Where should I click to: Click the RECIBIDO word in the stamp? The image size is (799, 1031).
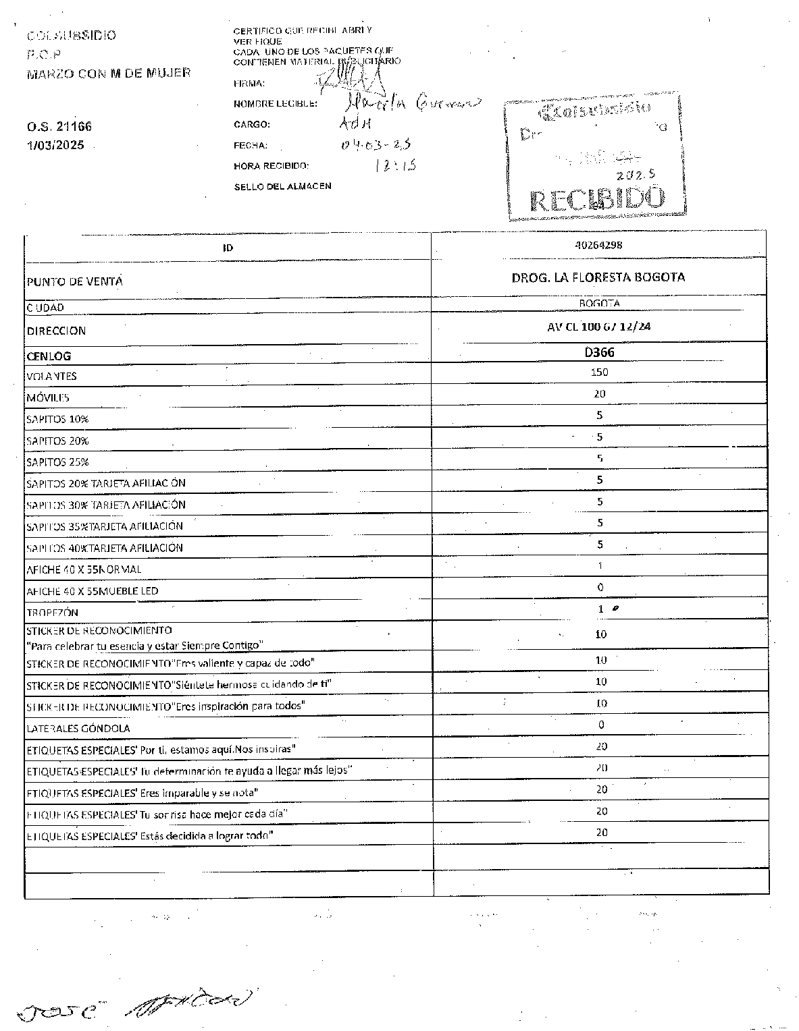598,200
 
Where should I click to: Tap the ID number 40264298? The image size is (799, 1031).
598,246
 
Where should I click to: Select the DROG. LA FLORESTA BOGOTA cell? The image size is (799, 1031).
598,277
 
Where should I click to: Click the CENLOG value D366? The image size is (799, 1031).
599,352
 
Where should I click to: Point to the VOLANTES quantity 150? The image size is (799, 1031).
599,372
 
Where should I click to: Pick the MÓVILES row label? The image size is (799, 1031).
48,398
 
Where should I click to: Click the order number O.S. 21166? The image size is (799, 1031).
59,126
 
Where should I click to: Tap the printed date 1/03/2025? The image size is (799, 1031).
55,145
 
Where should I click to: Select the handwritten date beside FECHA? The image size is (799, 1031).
376,144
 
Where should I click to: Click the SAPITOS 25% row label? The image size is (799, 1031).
58,462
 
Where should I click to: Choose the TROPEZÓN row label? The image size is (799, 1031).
53,613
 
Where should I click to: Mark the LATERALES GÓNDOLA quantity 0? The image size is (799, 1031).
601,725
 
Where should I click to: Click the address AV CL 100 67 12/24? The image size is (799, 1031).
599,327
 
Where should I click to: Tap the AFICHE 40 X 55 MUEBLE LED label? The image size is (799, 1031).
93,591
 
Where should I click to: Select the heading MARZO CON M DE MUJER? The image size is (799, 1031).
109,73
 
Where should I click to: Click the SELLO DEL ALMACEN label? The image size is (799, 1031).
282,186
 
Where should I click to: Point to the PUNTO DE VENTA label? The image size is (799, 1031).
74,281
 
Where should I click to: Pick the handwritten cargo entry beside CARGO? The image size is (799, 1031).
355,124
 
